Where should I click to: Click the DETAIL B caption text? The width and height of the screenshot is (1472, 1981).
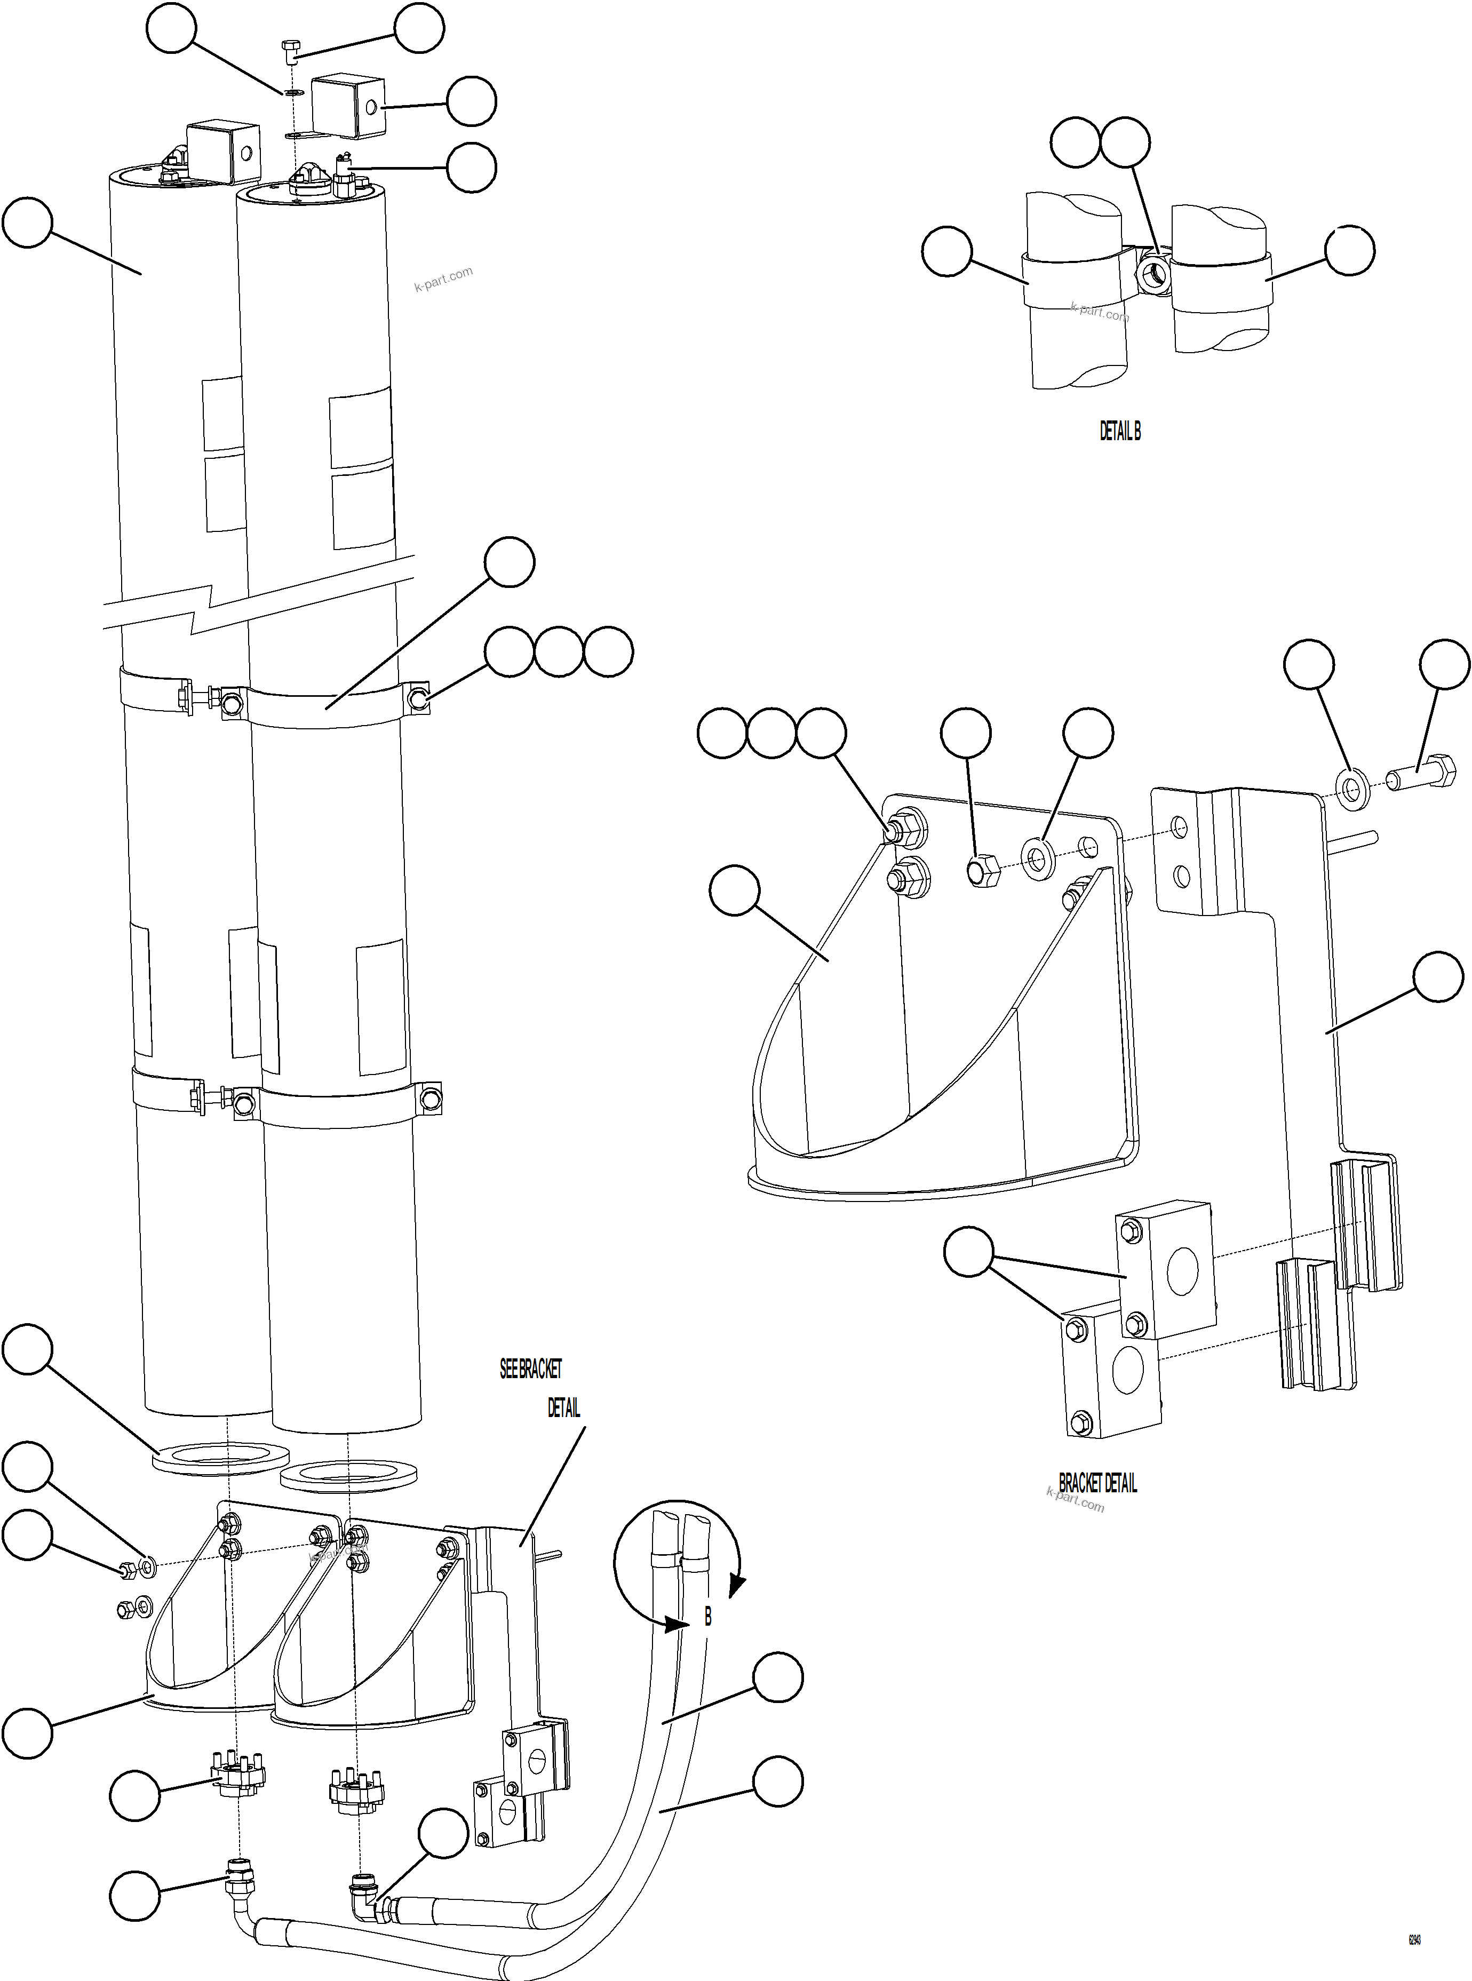[x=1119, y=431]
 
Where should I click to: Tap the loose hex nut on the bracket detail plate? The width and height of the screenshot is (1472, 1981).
[x=982, y=871]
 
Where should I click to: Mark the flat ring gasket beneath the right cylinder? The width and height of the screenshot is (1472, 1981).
[x=348, y=1475]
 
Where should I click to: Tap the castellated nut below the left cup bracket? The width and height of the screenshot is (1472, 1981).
[x=237, y=1771]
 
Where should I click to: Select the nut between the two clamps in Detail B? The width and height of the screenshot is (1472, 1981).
[x=1154, y=274]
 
